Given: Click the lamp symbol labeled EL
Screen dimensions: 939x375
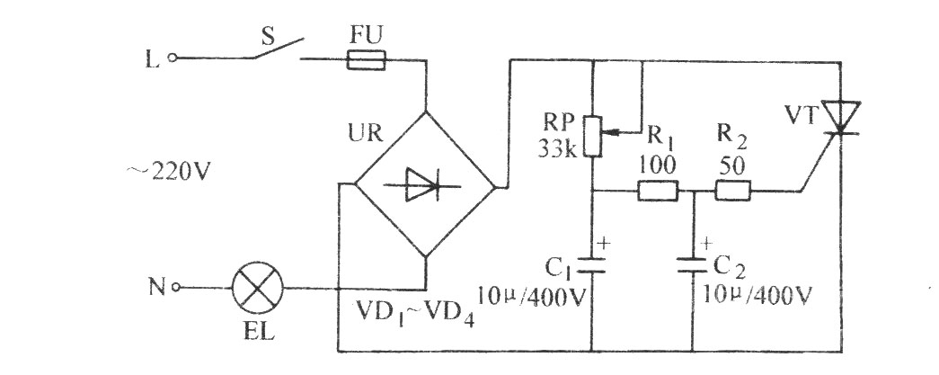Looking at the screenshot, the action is click(x=258, y=288).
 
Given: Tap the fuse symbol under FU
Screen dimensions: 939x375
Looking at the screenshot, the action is click(x=366, y=59).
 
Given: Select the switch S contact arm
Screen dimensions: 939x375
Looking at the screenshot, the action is click(x=278, y=49).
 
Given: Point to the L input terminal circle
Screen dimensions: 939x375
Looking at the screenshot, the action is click(x=173, y=58).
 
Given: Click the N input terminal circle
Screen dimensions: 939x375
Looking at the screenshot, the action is click(x=175, y=288).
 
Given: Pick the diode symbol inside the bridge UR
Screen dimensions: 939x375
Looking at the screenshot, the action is click(x=424, y=184).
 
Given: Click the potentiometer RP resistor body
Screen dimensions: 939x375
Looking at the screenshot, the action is click(x=591, y=136).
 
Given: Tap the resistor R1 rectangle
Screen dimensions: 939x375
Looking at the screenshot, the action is click(x=658, y=191).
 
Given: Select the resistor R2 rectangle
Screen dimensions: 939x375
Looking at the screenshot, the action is click(x=732, y=191).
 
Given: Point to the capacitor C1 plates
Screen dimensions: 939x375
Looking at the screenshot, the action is click(x=591, y=265).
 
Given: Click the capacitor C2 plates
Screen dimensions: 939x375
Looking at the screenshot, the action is click(x=693, y=265).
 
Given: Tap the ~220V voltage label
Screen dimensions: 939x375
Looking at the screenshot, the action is click(x=169, y=172).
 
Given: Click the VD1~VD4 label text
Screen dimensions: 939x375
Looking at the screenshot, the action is click(x=416, y=312).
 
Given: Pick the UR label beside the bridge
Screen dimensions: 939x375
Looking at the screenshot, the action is click(x=365, y=133).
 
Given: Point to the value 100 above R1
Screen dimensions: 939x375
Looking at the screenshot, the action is click(x=657, y=165).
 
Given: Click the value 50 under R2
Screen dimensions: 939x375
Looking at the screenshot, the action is click(x=731, y=167).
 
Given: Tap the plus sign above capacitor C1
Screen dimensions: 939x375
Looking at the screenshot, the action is click(x=604, y=243).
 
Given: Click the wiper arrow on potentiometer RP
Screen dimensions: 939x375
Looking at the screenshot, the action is click(x=621, y=130).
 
